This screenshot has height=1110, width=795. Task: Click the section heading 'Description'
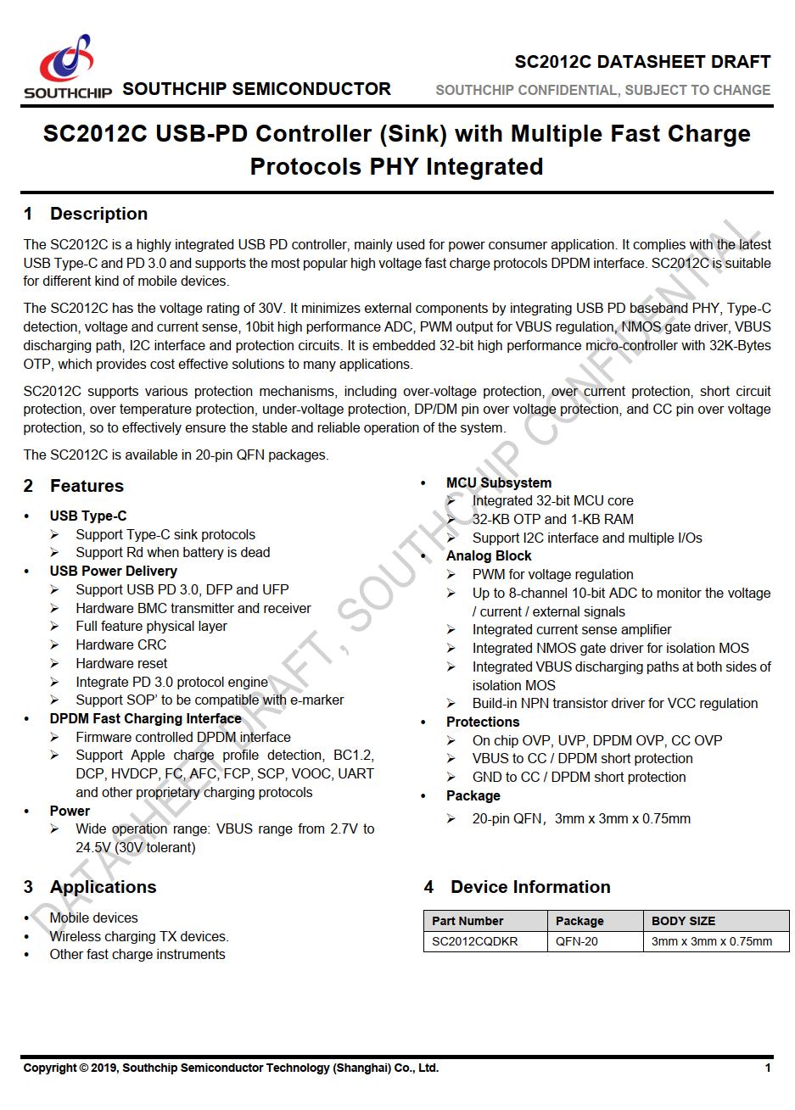[x=98, y=214]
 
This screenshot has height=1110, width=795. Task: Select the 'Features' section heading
[x=87, y=486]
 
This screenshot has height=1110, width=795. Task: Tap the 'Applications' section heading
[x=103, y=887]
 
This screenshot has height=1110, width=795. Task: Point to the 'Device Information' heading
[x=530, y=887]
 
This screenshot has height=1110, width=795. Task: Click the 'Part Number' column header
[x=467, y=921]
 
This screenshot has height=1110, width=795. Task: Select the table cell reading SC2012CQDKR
[x=474, y=941]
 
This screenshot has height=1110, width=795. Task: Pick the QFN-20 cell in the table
[x=577, y=941]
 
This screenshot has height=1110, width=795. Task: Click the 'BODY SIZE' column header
[x=683, y=921]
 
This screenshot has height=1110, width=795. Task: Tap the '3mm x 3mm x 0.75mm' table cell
[x=712, y=941]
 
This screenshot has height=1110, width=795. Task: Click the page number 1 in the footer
[x=768, y=1068]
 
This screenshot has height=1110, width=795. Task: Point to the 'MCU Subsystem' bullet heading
[x=499, y=482]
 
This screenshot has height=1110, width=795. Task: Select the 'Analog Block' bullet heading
[x=489, y=555]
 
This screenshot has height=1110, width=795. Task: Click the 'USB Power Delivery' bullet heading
[x=114, y=571]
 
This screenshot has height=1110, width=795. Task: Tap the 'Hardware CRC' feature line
[x=121, y=644]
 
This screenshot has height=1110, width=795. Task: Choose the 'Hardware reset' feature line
[x=121, y=663]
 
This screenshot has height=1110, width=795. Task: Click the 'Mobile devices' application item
[x=93, y=918]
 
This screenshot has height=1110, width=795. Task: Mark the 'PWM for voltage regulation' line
[x=553, y=574]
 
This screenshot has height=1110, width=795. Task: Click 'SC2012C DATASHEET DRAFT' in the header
[x=642, y=62]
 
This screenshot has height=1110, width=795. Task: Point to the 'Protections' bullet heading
[x=483, y=722]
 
